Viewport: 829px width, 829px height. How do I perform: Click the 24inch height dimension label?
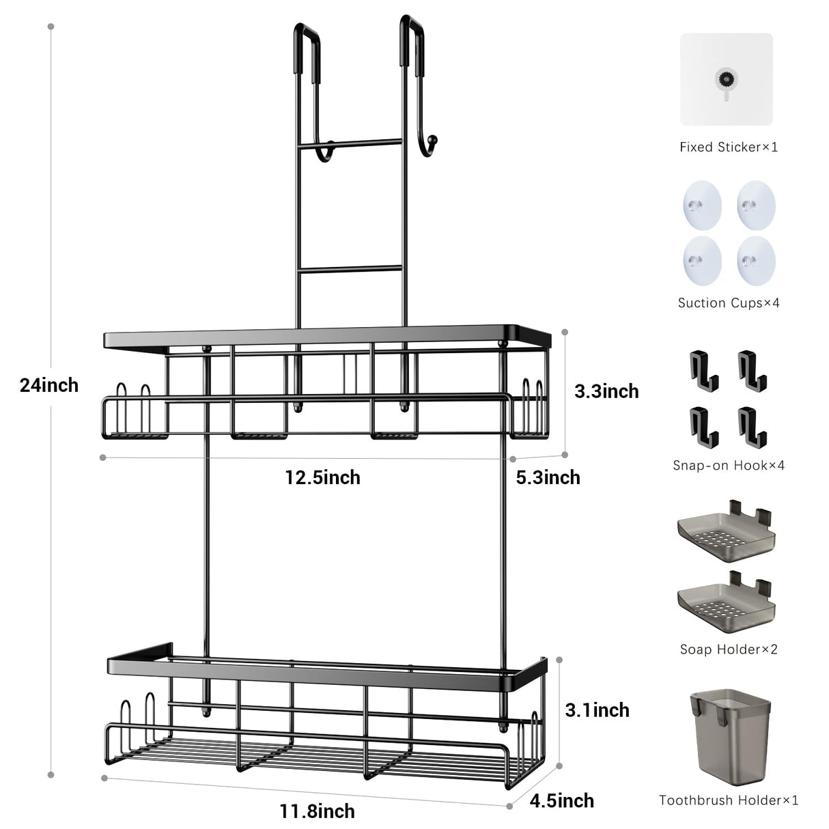pos(49,385)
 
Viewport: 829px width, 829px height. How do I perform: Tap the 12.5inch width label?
pos(322,477)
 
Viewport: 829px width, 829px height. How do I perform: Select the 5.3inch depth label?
pos(548,477)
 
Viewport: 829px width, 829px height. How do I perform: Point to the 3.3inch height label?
pos(606,391)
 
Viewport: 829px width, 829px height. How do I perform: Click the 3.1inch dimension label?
pos(597,710)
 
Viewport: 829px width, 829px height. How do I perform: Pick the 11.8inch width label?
pos(317,811)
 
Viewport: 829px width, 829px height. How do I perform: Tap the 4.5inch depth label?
pos(562,800)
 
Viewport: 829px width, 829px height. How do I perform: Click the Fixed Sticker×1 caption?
pos(728,147)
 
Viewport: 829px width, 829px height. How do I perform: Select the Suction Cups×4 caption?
pos(728,303)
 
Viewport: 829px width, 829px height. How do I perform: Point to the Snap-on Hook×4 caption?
pos(728,466)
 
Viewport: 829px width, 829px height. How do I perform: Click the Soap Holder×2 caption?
pos(728,649)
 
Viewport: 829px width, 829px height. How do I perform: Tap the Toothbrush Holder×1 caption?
pos(728,800)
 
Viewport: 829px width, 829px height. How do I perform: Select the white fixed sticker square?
pos(726,79)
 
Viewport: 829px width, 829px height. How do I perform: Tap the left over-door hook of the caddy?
pos(305,48)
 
